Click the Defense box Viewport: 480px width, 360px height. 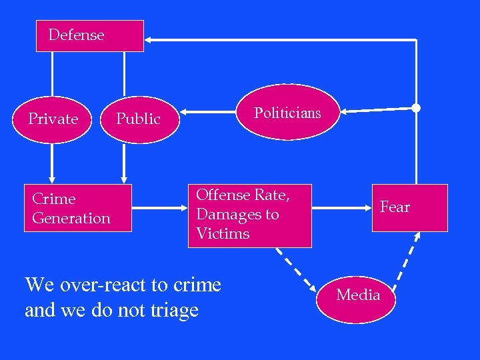[89, 35]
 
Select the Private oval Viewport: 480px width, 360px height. [54, 119]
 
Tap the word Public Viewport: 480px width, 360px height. [138, 119]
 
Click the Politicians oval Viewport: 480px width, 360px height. [287, 113]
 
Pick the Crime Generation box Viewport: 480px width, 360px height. [77, 209]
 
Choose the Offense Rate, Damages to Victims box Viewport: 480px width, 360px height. [249, 215]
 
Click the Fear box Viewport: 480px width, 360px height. [409, 207]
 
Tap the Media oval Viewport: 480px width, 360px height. [358, 295]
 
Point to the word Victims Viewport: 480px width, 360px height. [223, 234]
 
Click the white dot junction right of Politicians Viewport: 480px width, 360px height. [416, 107]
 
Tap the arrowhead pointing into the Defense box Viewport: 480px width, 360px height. [149, 40]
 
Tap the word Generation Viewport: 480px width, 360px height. [71, 218]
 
